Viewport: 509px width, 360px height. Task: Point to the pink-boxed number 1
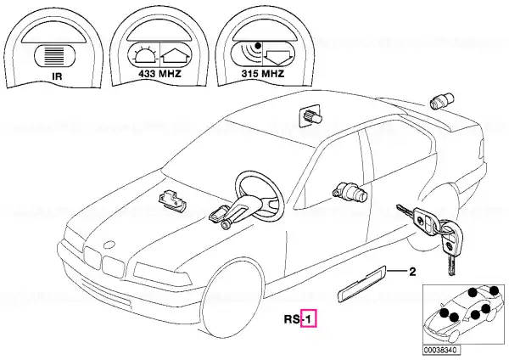tap(310, 319)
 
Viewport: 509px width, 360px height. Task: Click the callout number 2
tap(412, 273)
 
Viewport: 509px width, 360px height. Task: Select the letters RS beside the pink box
tap(291, 320)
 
